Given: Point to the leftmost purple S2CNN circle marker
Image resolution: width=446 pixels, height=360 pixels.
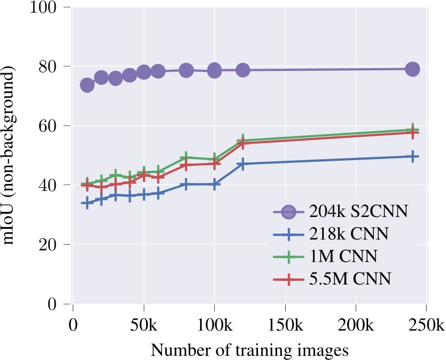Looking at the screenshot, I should tap(87, 85).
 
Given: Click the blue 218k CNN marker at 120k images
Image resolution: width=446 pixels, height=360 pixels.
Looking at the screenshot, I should tap(243, 164).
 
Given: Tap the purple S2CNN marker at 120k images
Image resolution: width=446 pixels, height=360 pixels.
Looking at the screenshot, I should tap(243, 70).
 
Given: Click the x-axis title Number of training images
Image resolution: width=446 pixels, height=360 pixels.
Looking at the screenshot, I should tap(249, 349).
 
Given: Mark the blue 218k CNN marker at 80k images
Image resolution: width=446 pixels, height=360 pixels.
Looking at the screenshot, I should tap(186, 185).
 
